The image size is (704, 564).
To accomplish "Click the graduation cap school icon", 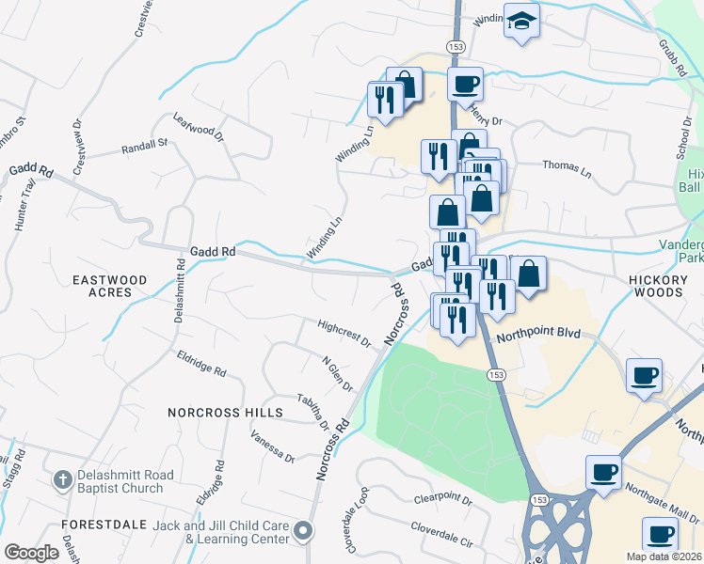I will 520,21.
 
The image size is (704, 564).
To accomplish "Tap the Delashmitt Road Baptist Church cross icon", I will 62,480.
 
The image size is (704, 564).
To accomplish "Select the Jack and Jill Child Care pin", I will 302,532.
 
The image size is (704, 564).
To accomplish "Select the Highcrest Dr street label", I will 344,334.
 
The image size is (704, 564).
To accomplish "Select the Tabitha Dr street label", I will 313,412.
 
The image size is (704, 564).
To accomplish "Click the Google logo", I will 32,553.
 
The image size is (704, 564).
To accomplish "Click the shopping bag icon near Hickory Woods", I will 529,274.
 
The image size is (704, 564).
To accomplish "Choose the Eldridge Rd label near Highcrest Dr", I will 201,365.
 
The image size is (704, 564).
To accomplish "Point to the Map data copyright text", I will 663,557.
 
